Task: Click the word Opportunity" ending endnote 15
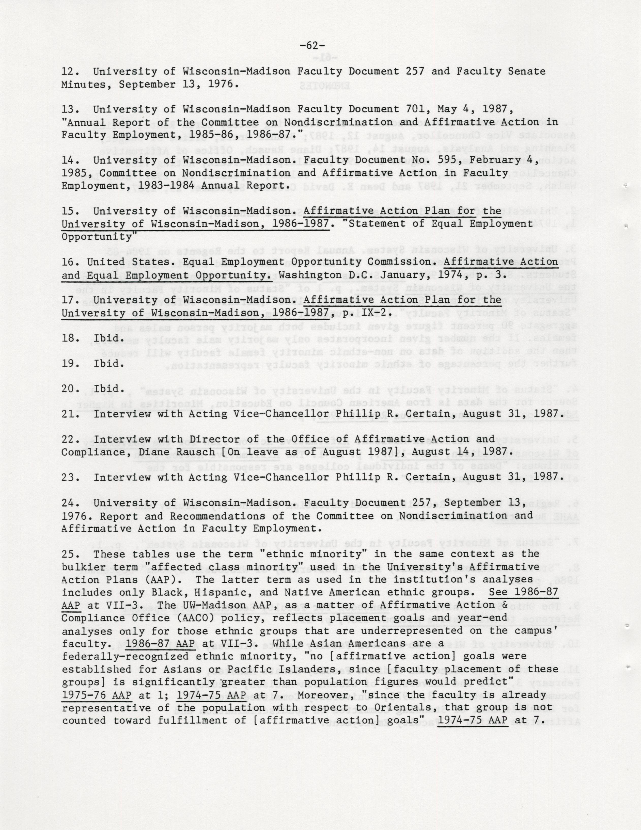(100, 237)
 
